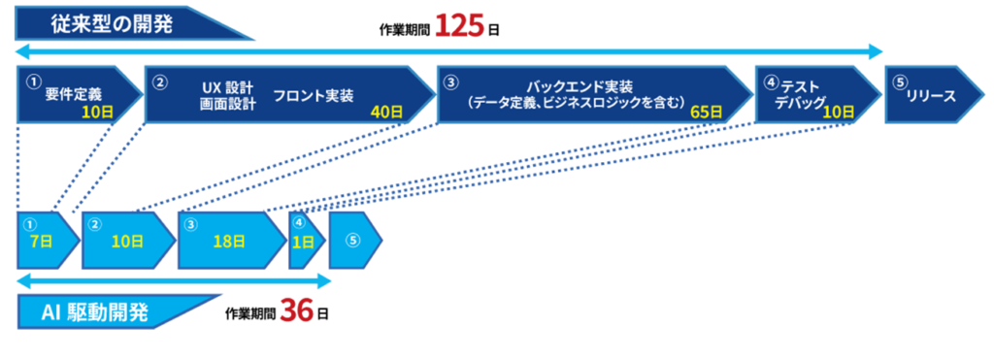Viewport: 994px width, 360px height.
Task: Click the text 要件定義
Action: point(73,94)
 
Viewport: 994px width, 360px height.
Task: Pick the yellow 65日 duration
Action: point(706,112)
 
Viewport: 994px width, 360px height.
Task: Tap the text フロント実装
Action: point(313,96)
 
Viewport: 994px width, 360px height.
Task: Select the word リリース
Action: point(931,96)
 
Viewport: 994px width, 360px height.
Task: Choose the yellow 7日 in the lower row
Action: point(41,242)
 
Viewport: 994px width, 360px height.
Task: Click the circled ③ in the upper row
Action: point(449,82)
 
